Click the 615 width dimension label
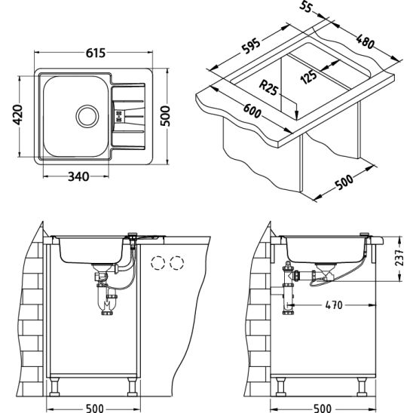(96, 53)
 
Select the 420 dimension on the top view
(18, 115)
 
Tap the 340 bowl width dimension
(78, 176)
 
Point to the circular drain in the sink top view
(87, 116)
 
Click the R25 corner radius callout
(268, 88)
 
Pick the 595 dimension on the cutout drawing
(251, 46)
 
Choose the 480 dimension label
(365, 41)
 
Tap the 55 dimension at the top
(305, 6)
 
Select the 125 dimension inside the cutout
(308, 76)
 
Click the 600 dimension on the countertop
(252, 111)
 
